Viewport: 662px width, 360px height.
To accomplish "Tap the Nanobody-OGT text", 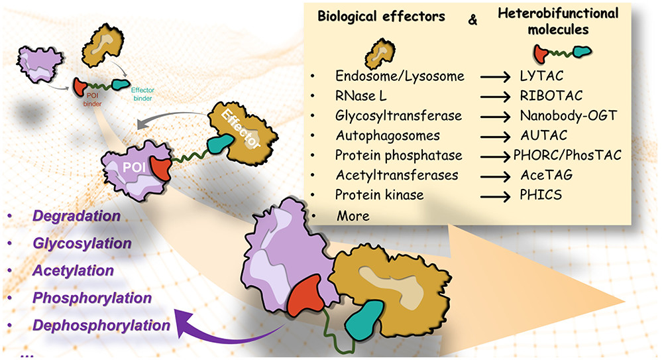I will click(569, 116).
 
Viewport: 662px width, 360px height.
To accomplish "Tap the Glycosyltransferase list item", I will click(390, 116).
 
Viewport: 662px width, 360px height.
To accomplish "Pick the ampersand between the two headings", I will click(472, 20).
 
